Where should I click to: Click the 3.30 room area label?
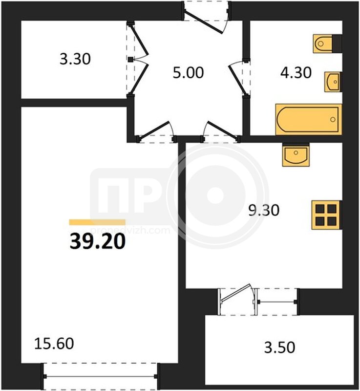pyautogui.click(x=75, y=60)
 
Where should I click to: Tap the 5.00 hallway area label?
pyautogui.click(x=188, y=73)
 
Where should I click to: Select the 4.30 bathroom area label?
pyautogui.click(x=296, y=73)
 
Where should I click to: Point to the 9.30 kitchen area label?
pyautogui.click(x=264, y=210)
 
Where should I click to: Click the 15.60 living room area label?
pyautogui.click(x=54, y=344)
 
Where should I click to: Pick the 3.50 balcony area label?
pyautogui.click(x=280, y=348)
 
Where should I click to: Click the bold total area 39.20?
pyautogui.click(x=97, y=242)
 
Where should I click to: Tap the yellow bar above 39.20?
pyautogui.click(x=97, y=222)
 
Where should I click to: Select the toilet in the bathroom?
pyautogui.click(x=327, y=43)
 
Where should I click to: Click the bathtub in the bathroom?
pyautogui.click(x=308, y=119)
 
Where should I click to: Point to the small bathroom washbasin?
pyautogui.click(x=333, y=82)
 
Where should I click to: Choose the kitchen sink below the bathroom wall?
pyautogui.click(x=296, y=154)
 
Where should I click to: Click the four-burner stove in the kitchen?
pyautogui.click(x=326, y=215)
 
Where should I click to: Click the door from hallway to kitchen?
pyautogui.click(x=220, y=132)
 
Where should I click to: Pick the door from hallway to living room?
pyautogui.click(x=156, y=132)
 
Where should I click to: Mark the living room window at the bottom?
pyautogui.click(x=100, y=376)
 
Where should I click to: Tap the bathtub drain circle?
pyautogui.click(x=333, y=119)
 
